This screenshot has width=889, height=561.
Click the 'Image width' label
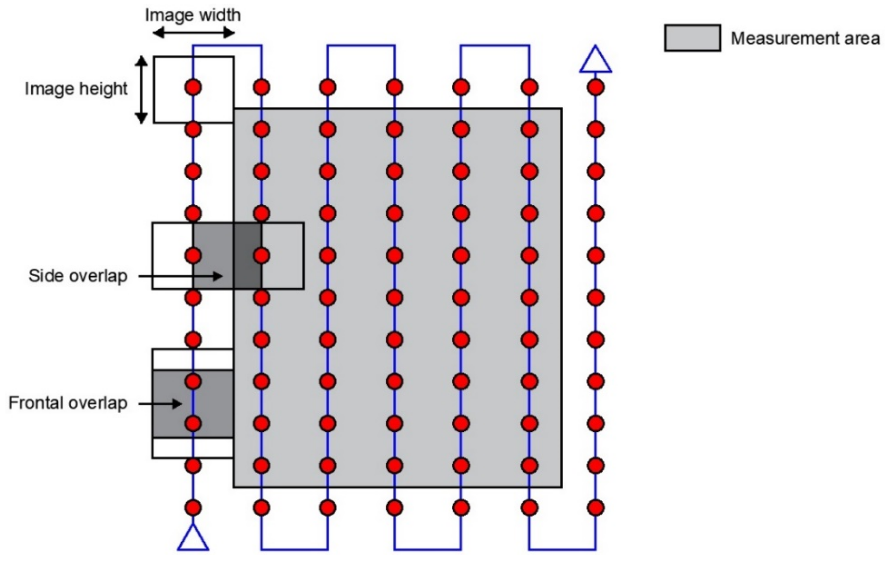[193, 16]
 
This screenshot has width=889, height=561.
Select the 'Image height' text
[76, 89]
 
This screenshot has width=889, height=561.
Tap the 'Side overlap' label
[78, 276]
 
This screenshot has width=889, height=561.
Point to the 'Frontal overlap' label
[68, 403]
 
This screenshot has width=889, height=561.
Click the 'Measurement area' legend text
[805, 38]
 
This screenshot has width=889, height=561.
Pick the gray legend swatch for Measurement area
[692, 38]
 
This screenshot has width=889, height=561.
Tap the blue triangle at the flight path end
[595, 60]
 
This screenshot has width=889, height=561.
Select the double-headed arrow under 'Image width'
[194, 34]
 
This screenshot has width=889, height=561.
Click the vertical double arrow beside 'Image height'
[141, 90]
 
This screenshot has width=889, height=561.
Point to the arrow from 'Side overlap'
[181, 276]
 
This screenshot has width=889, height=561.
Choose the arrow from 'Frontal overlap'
[160, 404]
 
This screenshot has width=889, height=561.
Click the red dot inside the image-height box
[193, 87]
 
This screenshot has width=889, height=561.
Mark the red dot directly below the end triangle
[595, 87]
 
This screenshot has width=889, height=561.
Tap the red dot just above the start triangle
[193, 508]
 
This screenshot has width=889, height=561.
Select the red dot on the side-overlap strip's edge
[261, 255]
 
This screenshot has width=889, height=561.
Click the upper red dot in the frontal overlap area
[193, 381]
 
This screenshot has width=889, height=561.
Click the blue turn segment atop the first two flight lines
[227, 46]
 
